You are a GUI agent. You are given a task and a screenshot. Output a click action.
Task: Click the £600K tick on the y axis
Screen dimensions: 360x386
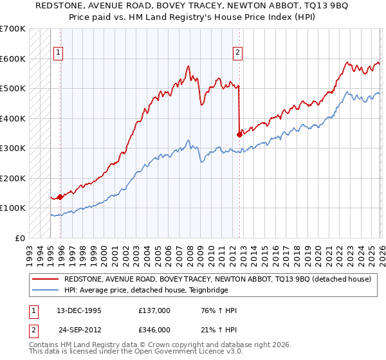pos(13,59)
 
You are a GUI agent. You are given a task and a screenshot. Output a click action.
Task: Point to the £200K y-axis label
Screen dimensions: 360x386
pos(13,178)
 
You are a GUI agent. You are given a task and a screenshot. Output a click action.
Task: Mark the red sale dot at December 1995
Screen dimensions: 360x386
pos(60,197)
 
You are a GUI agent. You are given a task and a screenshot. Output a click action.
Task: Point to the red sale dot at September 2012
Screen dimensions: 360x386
pos(239,134)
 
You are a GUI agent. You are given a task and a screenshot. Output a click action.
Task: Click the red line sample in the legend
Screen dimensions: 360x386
pos(45,280)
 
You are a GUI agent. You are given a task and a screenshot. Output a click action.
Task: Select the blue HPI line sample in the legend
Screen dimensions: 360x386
pos(45,290)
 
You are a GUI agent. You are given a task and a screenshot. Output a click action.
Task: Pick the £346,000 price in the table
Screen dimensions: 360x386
pos(154,329)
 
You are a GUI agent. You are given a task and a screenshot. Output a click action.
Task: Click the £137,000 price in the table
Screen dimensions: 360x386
pos(154,310)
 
